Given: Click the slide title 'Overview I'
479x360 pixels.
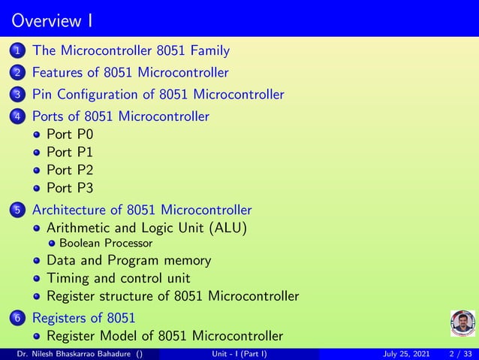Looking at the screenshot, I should click(x=52, y=18).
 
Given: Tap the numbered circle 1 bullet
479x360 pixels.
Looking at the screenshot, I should click(x=17, y=52).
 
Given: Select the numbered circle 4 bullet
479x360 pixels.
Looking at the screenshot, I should click(x=17, y=116).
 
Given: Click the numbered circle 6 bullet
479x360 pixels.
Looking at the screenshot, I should click(x=17, y=318).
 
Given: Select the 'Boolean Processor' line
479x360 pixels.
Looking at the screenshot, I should click(x=106, y=244).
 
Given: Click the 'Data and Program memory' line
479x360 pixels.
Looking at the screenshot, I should click(x=128, y=261).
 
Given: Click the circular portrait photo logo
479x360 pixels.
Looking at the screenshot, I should click(x=462, y=324).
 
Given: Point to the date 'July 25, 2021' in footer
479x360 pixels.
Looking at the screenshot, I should click(x=410, y=354).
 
